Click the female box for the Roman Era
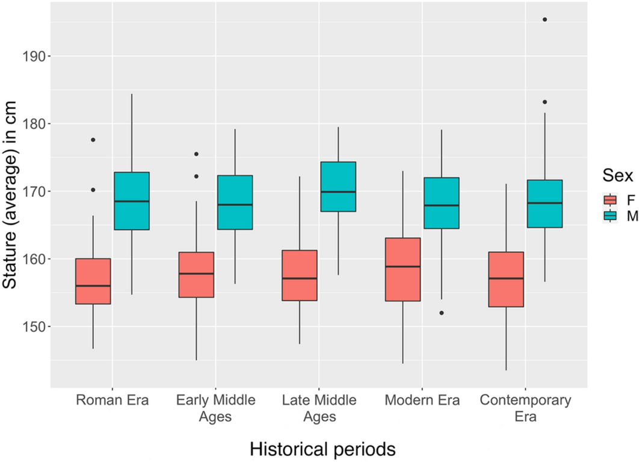(93, 281)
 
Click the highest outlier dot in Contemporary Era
(545, 19)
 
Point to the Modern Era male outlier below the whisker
(441, 313)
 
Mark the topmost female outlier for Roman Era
(93, 140)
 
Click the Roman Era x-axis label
(112, 401)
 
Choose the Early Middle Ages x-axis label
(215, 408)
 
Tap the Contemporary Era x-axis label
(525, 408)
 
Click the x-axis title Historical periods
(323, 449)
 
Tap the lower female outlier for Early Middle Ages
(196, 176)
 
